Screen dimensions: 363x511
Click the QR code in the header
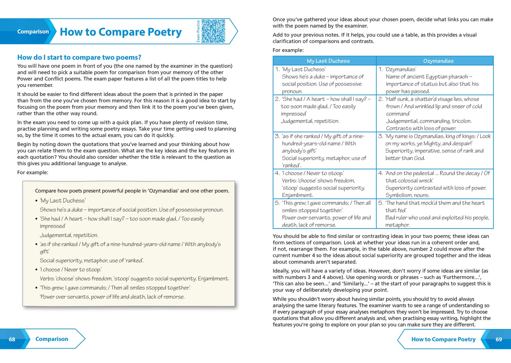coord(213,31)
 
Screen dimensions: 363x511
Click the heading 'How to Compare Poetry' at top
coord(121,32)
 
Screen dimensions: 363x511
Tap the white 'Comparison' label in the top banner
coord(33,31)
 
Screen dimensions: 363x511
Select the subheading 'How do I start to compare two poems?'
coord(79,57)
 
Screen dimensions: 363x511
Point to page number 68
coord(12,339)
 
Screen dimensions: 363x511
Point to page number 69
coord(499,339)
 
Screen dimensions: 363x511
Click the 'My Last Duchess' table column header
coord(328,61)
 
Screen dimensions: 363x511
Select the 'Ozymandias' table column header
coord(438,61)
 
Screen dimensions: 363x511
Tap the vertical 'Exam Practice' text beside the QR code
coord(198,31)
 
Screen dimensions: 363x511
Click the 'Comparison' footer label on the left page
coord(52,339)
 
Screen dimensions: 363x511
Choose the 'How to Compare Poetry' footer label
coord(443,339)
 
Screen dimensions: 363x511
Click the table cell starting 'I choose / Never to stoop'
coord(324,184)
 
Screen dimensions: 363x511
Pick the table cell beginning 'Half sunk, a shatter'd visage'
coord(435,114)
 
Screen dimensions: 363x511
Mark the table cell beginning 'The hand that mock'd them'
coord(435,214)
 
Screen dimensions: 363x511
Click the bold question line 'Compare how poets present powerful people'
coord(132,191)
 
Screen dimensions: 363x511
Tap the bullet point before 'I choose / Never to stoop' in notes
coord(36,270)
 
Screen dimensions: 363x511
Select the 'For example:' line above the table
coord(288,50)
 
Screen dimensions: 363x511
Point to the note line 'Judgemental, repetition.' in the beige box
coord(69,235)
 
